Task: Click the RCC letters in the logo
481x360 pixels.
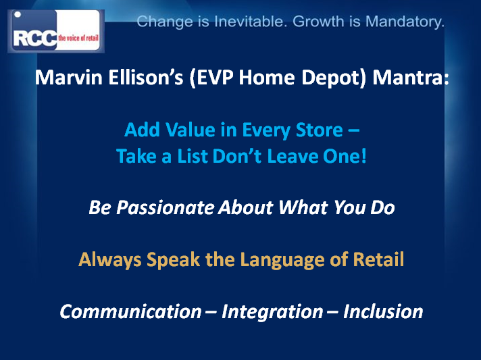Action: click(x=35, y=39)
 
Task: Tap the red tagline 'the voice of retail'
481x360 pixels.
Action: click(x=78, y=38)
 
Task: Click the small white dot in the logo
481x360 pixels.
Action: click(x=18, y=14)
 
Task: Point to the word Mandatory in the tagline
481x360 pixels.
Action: click(x=405, y=22)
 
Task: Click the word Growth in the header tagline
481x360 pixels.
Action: click(x=318, y=22)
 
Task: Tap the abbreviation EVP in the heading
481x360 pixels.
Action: click(x=214, y=78)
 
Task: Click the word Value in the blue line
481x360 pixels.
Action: click(x=191, y=130)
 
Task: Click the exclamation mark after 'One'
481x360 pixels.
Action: click(x=364, y=156)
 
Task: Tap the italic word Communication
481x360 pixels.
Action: click(x=130, y=311)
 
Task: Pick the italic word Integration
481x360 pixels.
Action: click(x=272, y=312)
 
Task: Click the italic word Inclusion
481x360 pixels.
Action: click(x=383, y=311)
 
